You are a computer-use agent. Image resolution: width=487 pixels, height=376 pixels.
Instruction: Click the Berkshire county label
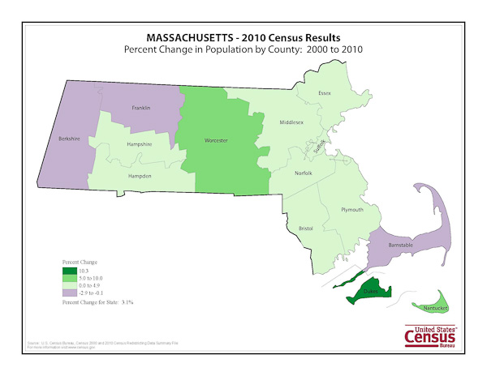[69, 139]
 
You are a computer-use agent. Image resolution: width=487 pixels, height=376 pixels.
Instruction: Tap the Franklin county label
[143, 107]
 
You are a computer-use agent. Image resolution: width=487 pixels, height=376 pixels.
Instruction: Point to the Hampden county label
[140, 176]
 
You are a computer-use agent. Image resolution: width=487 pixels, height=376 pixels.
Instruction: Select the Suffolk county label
[319, 147]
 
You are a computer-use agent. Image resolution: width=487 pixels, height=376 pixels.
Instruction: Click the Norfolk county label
[304, 172]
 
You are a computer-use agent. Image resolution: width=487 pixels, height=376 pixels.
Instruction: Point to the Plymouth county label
[353, 209]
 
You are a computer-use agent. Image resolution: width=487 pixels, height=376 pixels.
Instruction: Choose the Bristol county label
[306, 229]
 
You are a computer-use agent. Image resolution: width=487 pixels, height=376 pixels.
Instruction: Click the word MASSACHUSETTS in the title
[194, 38]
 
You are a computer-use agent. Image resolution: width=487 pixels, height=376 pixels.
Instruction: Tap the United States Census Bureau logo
[434, 335]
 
